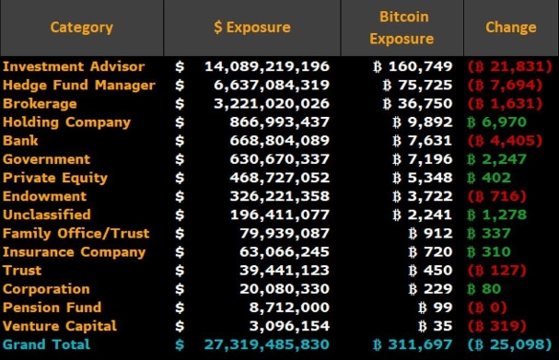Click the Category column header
click(81, 28)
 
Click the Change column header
click(510, 28)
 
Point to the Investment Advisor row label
click(74, 66)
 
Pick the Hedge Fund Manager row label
click(79, 85)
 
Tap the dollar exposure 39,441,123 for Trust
click(280, 270)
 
